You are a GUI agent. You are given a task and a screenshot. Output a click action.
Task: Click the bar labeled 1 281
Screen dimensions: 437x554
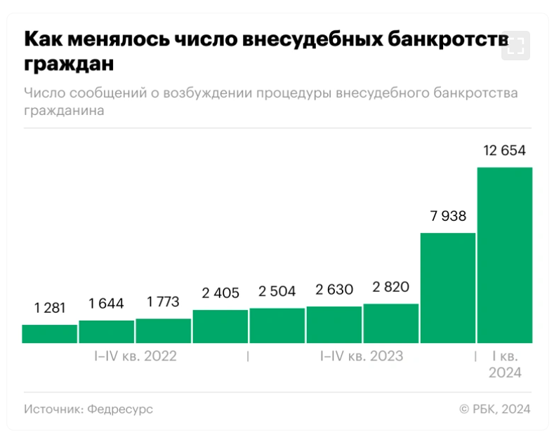pyautogui.click(x=49, y=334)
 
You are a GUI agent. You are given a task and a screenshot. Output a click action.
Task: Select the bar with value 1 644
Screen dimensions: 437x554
pyautogui.click(x=106, y=332)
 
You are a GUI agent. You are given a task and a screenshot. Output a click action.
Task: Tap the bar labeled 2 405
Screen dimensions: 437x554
pyautogui.click(x=220, y=326)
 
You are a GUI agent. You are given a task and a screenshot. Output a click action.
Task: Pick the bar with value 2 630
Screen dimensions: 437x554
pyautogui.click(x=334, y=325)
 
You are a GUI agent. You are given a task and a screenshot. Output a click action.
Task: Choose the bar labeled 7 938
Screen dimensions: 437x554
pyautogui.click(x=447, y=288)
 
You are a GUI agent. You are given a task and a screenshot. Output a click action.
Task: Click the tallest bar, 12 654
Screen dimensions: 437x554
pyautogui.click(x=504, y=255)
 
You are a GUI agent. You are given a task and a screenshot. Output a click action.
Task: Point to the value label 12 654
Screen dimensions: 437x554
pyautogui.click(x=504, y=151)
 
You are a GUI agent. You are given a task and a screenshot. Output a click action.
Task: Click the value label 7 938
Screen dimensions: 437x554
pyautogui.click(x=447, y=216)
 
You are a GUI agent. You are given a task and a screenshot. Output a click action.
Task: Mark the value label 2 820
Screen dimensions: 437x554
pyautogui.click(x=390, y=288)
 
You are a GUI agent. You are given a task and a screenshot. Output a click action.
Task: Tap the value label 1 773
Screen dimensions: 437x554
pyautogui.click(x=163, y=302)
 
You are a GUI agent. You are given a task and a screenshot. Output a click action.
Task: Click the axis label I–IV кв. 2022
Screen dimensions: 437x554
pyautogui.click(x=136, y=356)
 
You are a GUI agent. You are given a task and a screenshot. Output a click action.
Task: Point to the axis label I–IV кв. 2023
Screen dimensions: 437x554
pyautogui.click(x=362, y=356)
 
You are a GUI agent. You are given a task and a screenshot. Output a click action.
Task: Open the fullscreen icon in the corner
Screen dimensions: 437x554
pyautogui.click(x=516, y=46)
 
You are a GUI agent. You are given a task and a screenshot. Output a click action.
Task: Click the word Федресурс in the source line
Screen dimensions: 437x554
pyautogui.click(x=120, y=409)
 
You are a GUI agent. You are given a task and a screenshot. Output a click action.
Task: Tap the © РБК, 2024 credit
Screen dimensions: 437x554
pyautogui.click(x=494, y=409)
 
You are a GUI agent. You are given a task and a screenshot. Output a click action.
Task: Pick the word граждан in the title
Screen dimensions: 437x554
pyautogui.click(x=68, y=64)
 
